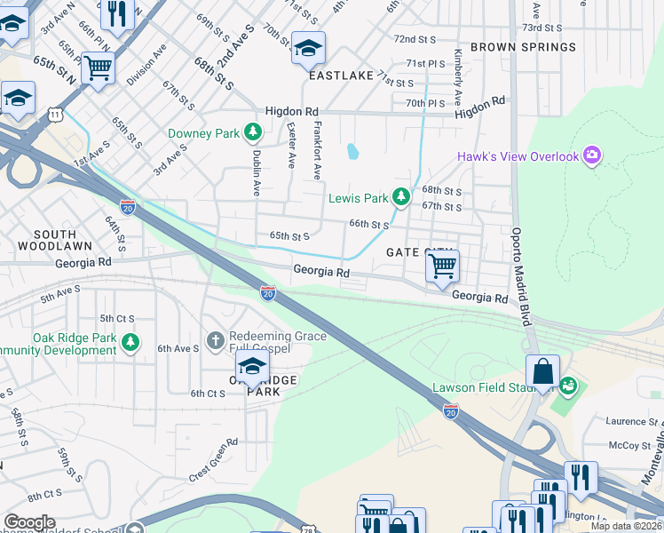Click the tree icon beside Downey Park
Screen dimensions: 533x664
pos(254,133)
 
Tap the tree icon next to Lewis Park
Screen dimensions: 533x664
pos(401,197)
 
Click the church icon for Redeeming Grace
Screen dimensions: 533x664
pos(215,341)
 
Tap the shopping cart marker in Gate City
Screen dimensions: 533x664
pos(442,265)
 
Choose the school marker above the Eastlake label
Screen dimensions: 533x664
pos(308,48)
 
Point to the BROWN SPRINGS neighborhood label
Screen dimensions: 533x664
pos(523,46)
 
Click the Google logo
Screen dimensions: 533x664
pos(29,521)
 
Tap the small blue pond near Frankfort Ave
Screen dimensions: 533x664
pos(353,151)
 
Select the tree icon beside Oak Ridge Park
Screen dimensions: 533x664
pos(130,342)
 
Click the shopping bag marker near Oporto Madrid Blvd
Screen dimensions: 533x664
pos(542,371)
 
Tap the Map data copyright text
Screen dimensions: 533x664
pos(627,526)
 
